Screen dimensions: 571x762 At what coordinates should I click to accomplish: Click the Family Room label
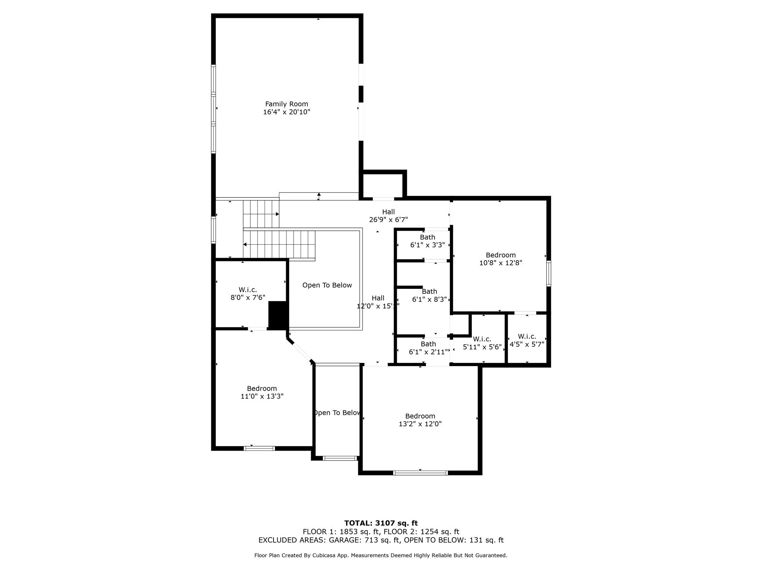point(286,104)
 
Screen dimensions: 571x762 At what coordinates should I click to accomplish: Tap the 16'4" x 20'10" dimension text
point(286,112)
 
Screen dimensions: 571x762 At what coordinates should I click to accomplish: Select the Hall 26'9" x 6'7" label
point(388,216)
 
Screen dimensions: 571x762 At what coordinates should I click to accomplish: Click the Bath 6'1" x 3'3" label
point(428,241)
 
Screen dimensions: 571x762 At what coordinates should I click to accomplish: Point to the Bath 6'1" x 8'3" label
point(429,295)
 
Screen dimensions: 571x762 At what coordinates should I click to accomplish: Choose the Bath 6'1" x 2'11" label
point(428,348)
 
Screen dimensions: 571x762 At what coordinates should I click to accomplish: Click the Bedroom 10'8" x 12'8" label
point(500,259)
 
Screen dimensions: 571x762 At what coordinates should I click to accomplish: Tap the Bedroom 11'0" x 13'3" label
point(262,392)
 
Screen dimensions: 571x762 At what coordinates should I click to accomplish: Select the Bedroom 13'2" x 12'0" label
point(420,420)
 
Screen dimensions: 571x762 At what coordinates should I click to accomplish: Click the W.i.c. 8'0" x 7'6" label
point(248,293)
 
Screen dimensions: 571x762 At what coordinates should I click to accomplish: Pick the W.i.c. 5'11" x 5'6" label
point(482,343)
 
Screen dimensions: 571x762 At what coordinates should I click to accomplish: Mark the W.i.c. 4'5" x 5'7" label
point(526,341)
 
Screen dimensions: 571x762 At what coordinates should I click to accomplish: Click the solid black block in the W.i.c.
point(278,315)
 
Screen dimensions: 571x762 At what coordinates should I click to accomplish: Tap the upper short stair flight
point(261,214)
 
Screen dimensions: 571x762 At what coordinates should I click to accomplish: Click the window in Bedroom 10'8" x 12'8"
point(548,274)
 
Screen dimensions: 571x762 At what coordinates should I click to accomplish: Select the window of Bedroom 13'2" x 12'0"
point(420,473)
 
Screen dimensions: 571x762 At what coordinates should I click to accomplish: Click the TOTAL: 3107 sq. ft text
point(381,523)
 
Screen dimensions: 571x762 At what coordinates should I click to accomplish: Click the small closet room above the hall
point(383,185)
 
